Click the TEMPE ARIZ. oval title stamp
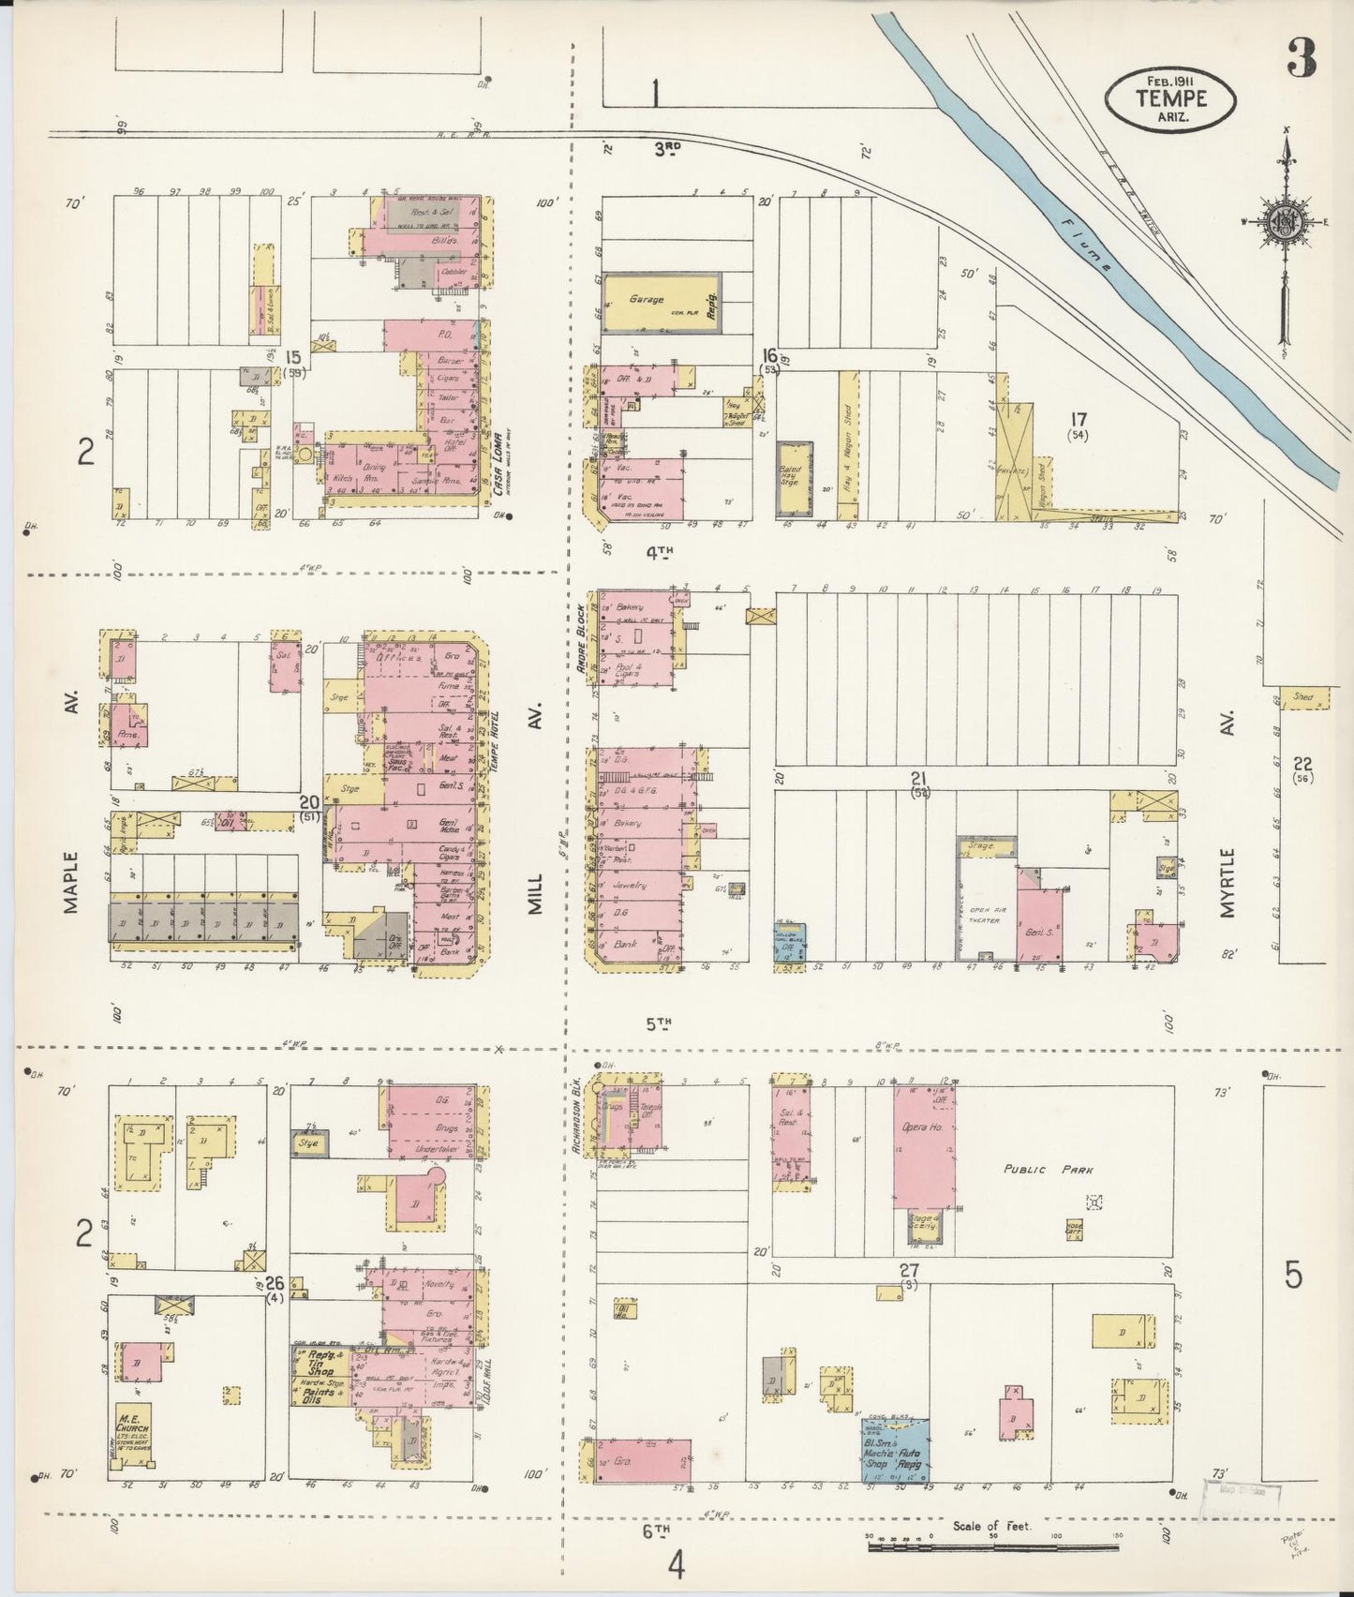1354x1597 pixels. (x=1169, y=98)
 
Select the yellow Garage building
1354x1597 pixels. (x=661, y=303)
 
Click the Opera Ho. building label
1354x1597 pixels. (x=922, y=1127)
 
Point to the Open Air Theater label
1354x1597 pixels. (x=984, y=915)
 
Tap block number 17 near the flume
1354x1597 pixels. (x=1079, y=418)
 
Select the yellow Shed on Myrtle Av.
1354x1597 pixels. (x=1302, y=698)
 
